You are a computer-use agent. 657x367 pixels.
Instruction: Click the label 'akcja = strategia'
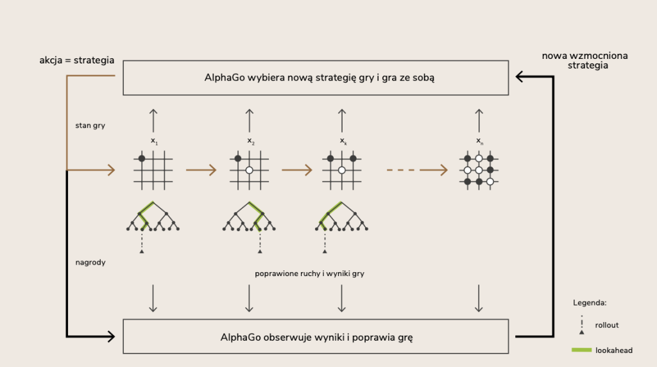77,61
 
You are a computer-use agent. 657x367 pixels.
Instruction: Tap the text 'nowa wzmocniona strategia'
584,60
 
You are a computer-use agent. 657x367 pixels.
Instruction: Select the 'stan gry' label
90,126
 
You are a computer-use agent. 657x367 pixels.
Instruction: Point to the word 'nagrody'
90,263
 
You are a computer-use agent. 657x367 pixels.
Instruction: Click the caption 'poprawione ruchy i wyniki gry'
310,273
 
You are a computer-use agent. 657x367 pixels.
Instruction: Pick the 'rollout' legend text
606,325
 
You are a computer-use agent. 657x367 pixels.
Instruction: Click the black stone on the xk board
330,158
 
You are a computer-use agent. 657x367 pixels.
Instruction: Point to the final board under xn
479,170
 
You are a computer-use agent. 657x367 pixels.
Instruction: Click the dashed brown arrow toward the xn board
417,170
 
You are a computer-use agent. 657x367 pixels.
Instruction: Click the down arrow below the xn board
479,298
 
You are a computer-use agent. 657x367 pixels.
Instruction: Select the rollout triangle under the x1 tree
142,252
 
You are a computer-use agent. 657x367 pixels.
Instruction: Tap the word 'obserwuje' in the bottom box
289,337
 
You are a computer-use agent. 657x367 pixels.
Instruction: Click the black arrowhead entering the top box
520,77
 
